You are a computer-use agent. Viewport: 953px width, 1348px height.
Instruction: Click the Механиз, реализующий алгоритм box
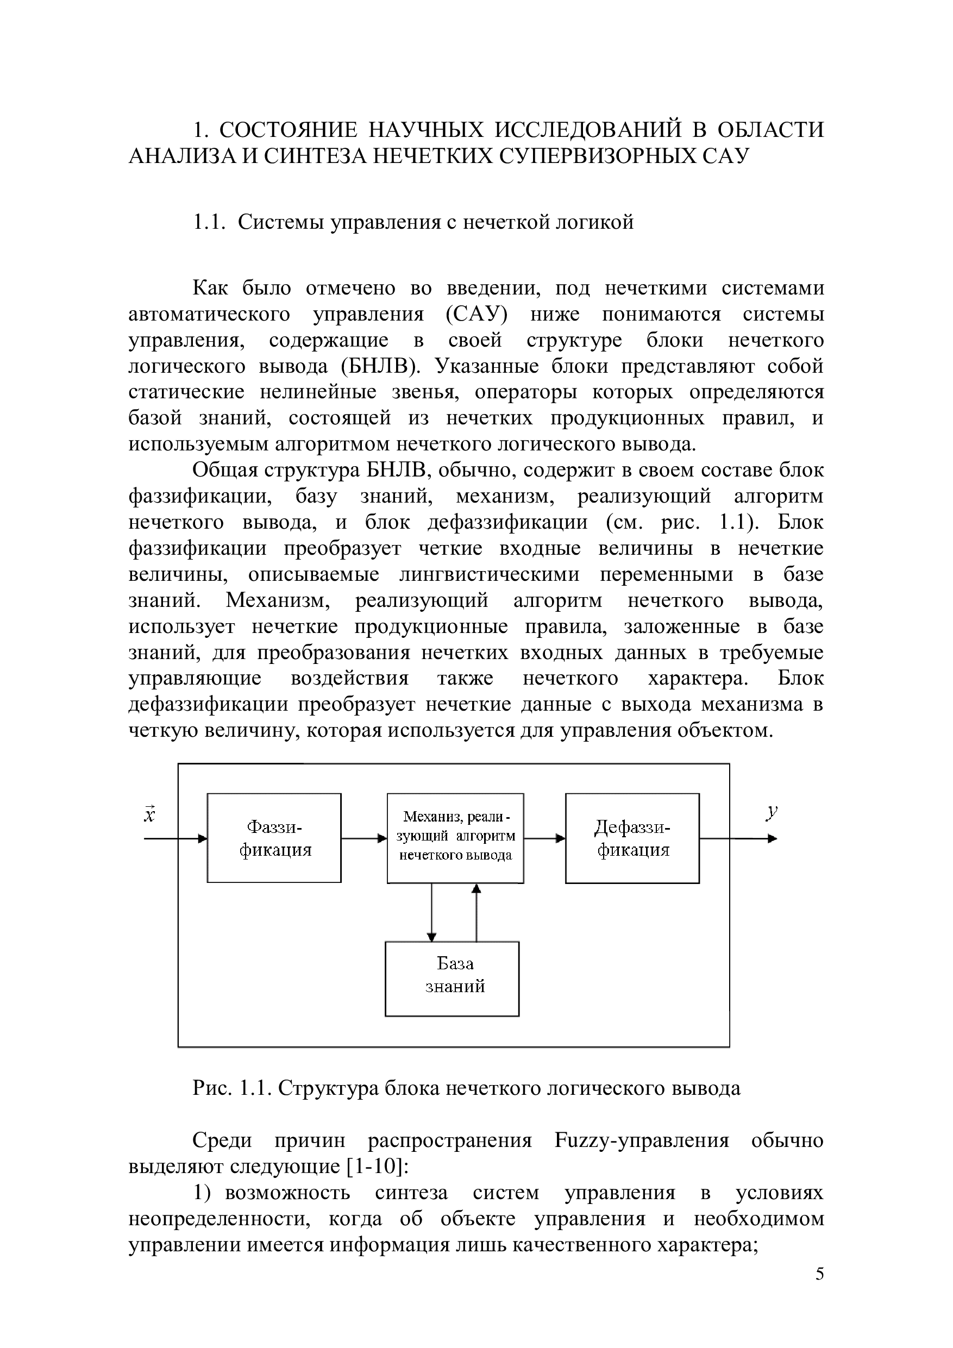coord(455,838)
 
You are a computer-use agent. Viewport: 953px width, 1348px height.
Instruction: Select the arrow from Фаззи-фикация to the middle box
coord(364,838)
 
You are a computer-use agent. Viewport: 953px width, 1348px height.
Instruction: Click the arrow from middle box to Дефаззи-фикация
coord(544,838)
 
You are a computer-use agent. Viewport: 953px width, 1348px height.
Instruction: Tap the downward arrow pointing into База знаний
coord(431,912)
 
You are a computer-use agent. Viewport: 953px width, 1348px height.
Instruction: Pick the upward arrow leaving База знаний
coord(476,912)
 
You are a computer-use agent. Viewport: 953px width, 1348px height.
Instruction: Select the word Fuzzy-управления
coord(641,1141)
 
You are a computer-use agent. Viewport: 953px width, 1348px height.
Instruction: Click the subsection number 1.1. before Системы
coord(210,223)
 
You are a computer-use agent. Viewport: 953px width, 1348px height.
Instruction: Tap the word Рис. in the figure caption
coord(213,1088)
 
